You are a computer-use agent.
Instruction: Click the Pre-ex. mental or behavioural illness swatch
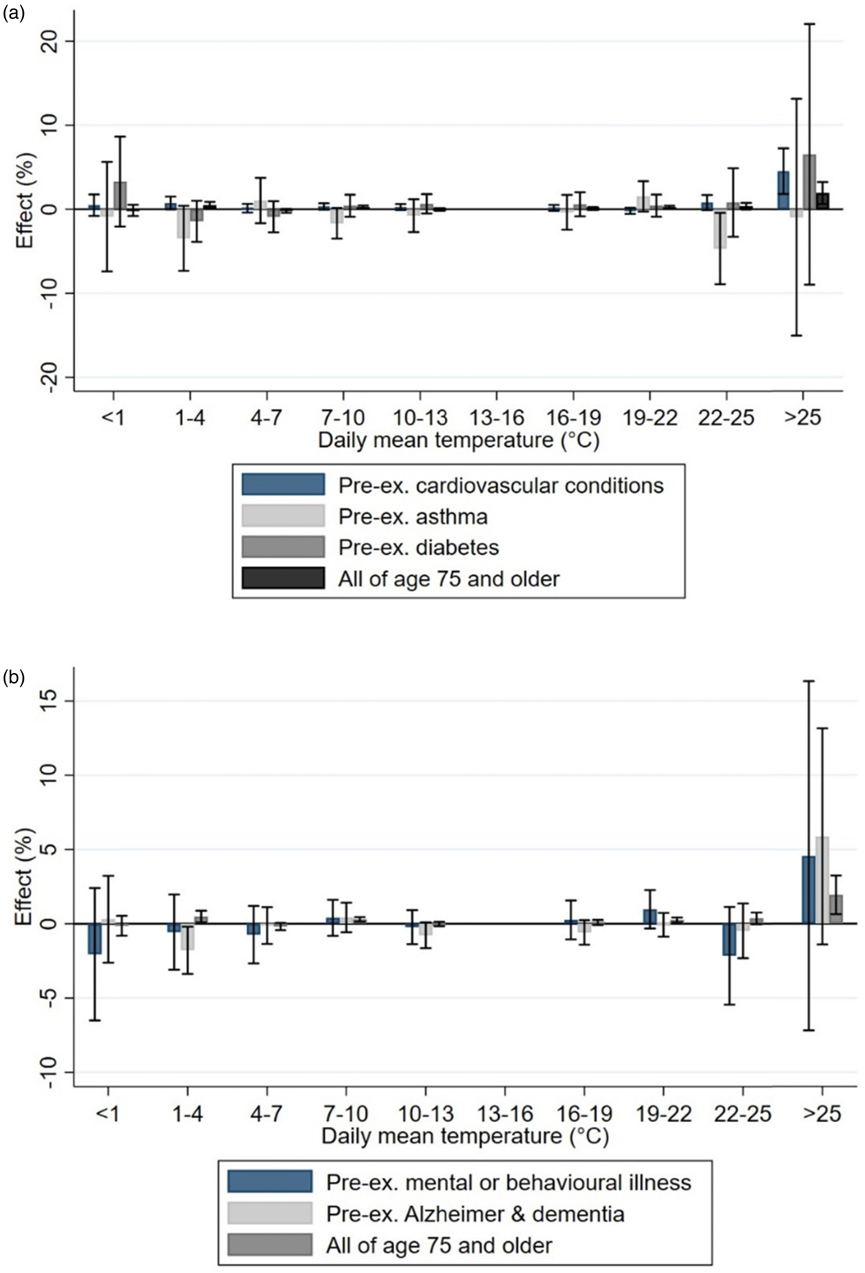click(x=270, y=1182)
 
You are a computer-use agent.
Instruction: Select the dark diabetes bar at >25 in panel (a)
click(x=809, y=182)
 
